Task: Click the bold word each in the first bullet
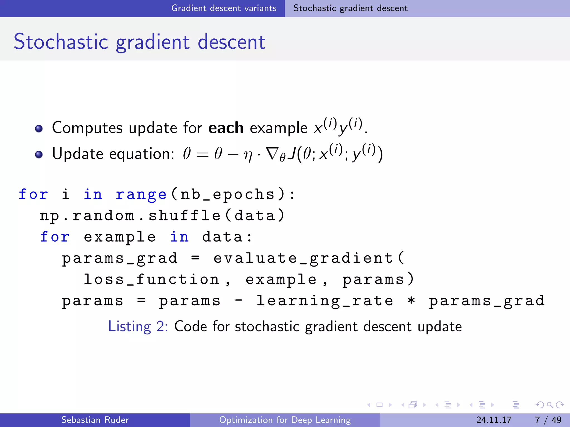point(226,128)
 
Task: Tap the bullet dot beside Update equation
point(39,155)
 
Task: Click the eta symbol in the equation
point(248,155)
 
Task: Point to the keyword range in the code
point(141,194)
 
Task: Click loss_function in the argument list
point(152,280)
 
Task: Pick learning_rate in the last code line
point(325,301)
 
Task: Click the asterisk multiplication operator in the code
point(411,301)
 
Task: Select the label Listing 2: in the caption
point(138,326)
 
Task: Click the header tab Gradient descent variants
point(224,8)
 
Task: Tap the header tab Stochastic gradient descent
point(350,8)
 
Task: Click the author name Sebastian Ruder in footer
point(95,420)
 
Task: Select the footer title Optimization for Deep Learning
point(285,420)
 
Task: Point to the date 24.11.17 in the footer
point(494,420)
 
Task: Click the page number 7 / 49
point(548,420)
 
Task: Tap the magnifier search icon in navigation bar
point(550,405)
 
